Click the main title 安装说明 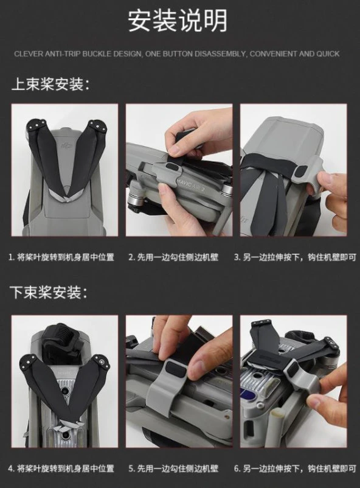pos(177,21)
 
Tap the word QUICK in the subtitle pos(328,54)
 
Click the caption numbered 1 pos(61,257)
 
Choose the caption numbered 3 pos(294,257)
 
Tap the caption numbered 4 pos(61,468)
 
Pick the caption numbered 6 pos(294,468)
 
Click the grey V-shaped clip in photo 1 pos(65,196)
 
